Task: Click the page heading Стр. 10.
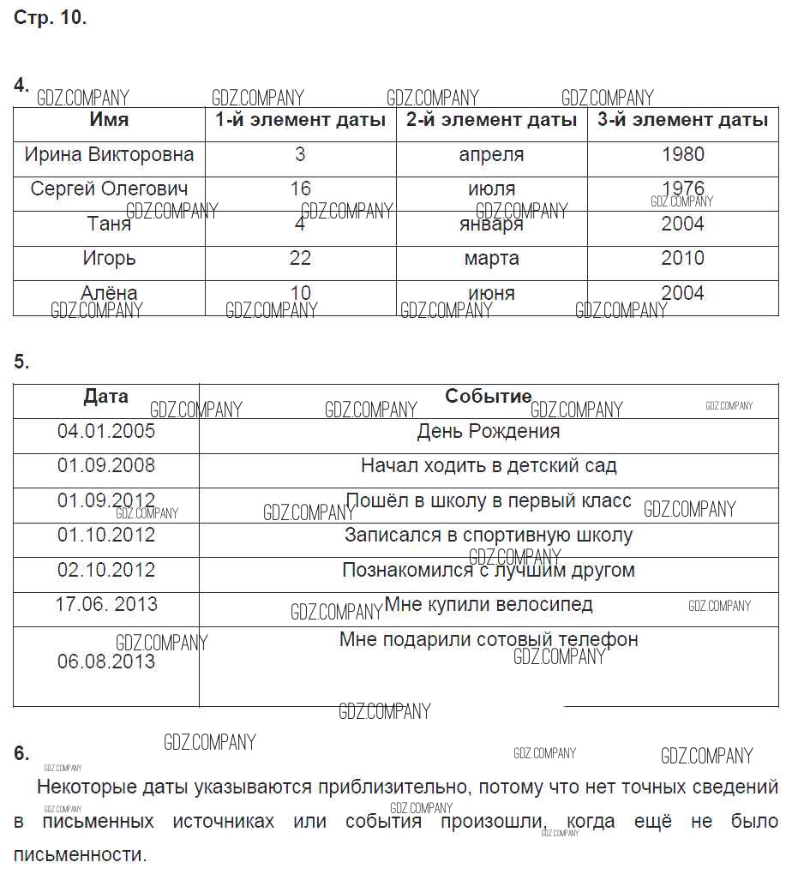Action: (x=50, y=18)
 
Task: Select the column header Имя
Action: (x=109, y=120)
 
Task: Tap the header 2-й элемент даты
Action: (x=491, y=121)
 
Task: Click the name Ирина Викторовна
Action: (x=109, y=155)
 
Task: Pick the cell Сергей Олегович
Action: (x=109, y=189)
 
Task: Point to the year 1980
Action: (x=682, y=155)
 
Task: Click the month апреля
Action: (x=491, y=155)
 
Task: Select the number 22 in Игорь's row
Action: (x=300, y=258)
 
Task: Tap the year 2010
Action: (x=682, y=258)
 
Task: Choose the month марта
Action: (x=491, y=259)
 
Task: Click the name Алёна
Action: (x=109, y=293)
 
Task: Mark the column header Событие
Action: (x=488, y=397)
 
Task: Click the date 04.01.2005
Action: (x=106, y=431)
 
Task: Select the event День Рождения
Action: (x=488, y=432)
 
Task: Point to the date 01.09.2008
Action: (x=106, y=465)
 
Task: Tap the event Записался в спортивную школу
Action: (x=488, y=536)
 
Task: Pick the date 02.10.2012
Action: (x=106, y=570)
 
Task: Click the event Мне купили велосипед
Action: (x=488, y=604)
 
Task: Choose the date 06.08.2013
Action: (x=106, y=661)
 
